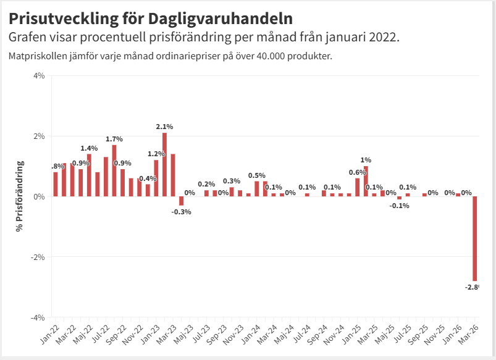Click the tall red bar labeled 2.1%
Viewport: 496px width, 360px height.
click(165, 164)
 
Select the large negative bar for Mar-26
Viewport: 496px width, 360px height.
click(475, 238)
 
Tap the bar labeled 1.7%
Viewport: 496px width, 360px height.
click(114, 170)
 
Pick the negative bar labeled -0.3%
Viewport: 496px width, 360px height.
click(182, 201)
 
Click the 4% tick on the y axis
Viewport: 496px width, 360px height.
click(38, 76)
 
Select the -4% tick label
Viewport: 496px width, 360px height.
click(37, 317)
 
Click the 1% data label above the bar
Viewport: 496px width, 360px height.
click(366, 160)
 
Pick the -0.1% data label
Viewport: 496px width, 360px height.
click(399, 206)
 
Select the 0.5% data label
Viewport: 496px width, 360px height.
click(256, 175)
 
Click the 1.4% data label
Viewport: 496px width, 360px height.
click(89, 148)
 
